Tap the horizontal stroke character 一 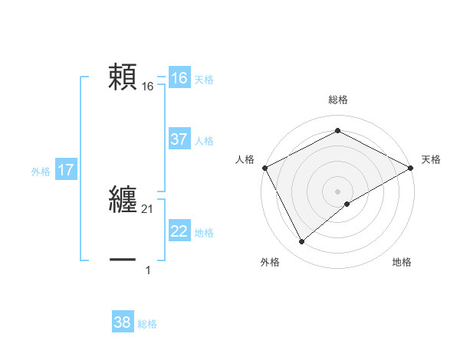click(x=123, y=260)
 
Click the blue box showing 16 click(x=179, y=78)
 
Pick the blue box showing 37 click(x=179, y=139)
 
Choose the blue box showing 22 click(x=179, y=231)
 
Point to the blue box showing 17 click(x=66, y=170)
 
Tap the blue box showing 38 click(x=123, y=322)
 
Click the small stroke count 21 click(x=148, y=209)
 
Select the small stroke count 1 click(x=148, y=270)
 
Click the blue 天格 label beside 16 click(x=204, y=80)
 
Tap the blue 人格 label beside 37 click(x=204, y=141)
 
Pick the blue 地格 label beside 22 click(x=204, y=233)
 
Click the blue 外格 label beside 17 click(x=41, y=172)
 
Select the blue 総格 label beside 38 click(x=147, y=324)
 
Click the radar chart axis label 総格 click(x=337, y=100)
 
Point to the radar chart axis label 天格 click(x=431, y=159)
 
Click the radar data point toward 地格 click(x=347, y=204)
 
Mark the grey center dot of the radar click(x=337, y=191)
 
